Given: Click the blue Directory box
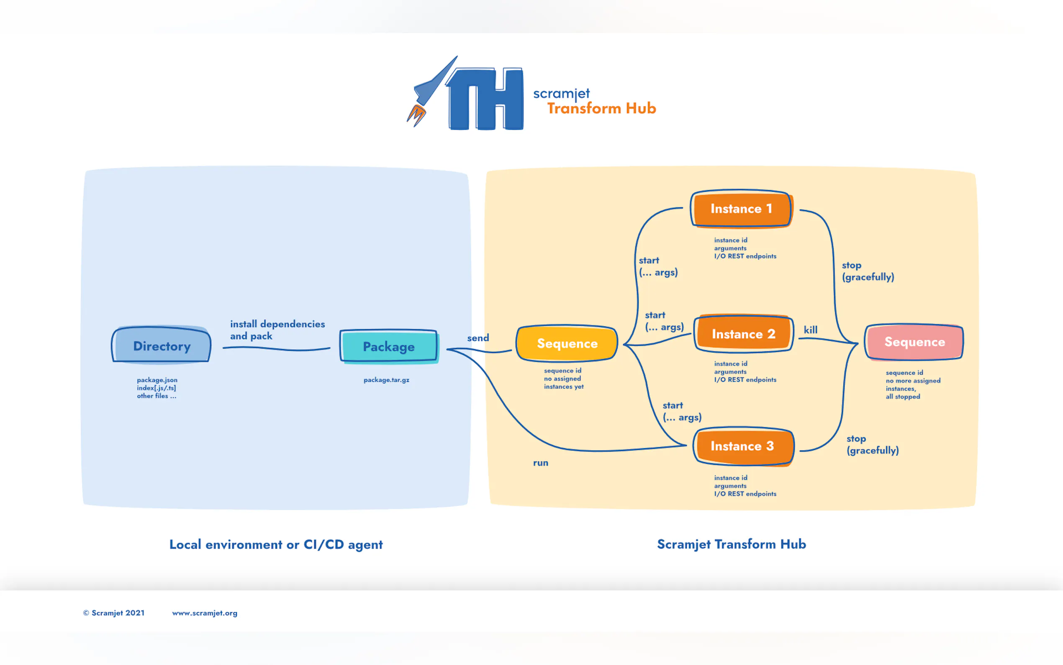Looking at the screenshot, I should click(x=161, y=345).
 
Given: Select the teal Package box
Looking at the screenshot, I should click(x=388, y=346).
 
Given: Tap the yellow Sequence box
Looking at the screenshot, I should click(x=567, y=343).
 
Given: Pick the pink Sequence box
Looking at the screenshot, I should click(x=914, y=342).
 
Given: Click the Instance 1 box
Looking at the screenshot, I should click(x=741, y=209).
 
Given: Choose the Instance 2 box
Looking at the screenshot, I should click(x=743, y=334).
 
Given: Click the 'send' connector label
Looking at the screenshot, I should click(x=478, y=338).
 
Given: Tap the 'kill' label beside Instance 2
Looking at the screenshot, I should click(x=810, y=330).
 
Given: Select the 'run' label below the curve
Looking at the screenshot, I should click(x=541, y=463).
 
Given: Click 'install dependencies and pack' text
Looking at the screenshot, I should click(x=277, y=330).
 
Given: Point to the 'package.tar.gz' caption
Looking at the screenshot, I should click(x=386, y=379).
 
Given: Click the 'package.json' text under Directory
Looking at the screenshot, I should click(x=157, y=379).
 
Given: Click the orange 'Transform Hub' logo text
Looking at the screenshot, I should click(x=601, y=108).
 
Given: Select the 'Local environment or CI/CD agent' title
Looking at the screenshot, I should click(x=276, y=544).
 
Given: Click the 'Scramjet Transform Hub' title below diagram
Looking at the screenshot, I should click(x=731, y=544).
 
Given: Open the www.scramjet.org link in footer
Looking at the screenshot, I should click(x=204, y=613).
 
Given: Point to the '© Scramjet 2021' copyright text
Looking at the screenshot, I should click(x=114, y=613).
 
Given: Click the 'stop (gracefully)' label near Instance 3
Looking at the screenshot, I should click(x=872, y=444).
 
